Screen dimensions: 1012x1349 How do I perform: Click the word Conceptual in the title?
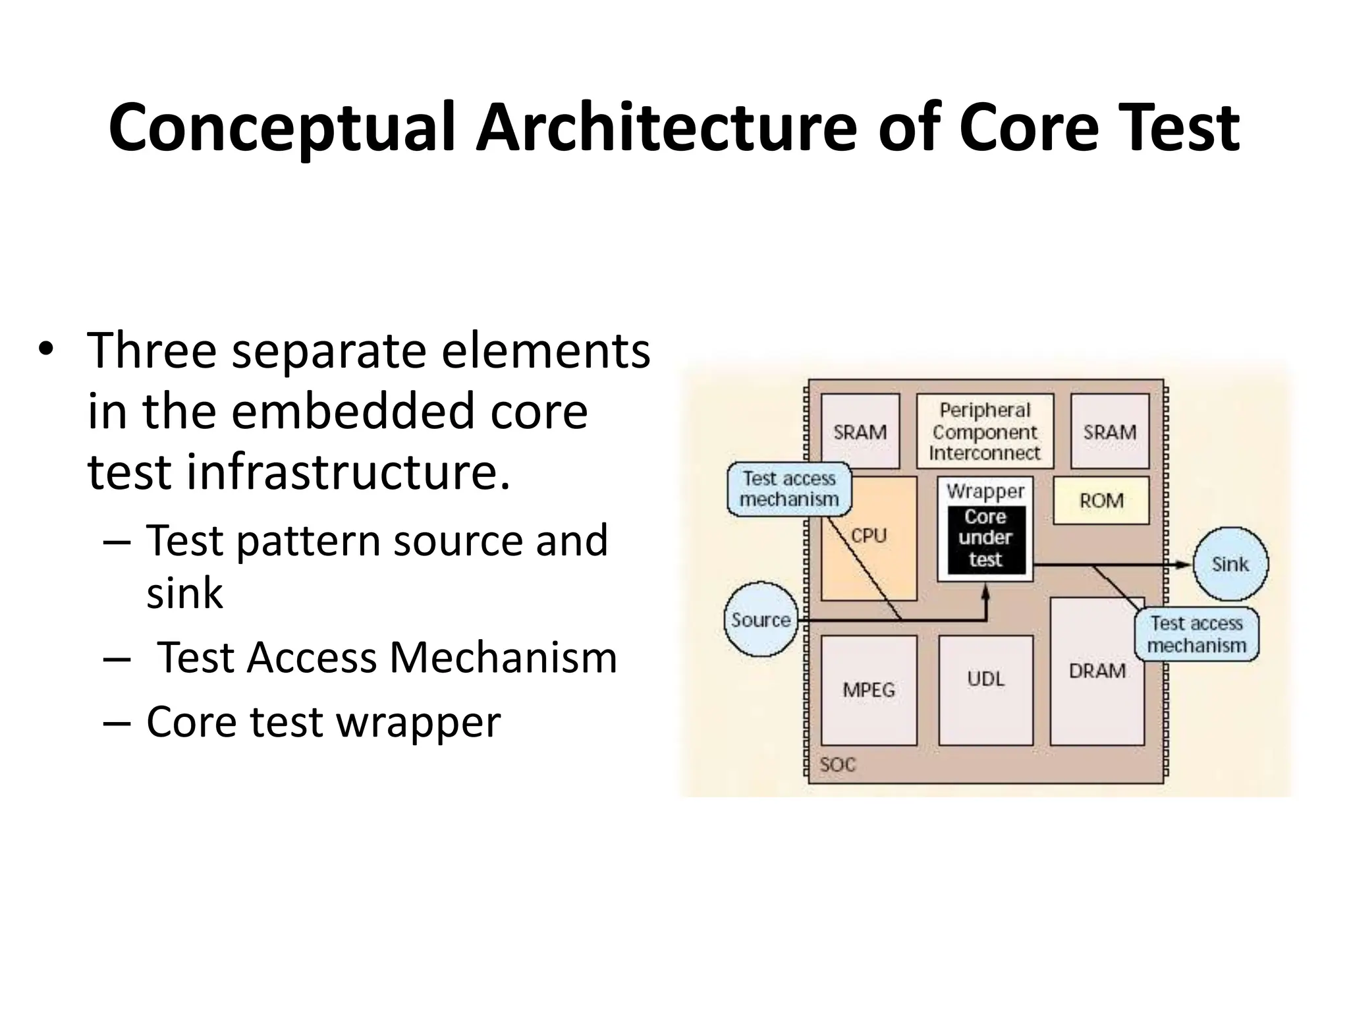point(282,128)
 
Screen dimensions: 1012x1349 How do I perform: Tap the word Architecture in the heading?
point(666,128)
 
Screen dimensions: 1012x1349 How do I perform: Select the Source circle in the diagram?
point(761,619)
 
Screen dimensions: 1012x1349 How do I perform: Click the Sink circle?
point(1230,564)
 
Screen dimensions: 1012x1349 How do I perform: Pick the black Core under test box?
point(985,539)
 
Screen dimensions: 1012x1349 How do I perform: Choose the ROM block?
point(1101,501)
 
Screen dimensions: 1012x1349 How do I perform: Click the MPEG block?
point(869,690)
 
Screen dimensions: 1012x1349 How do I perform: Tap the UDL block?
point(985,679)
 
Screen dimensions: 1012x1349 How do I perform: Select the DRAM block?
point(1097,671)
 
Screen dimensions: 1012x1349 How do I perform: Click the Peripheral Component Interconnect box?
point(985,432)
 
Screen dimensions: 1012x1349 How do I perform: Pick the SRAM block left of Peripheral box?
point(860,432)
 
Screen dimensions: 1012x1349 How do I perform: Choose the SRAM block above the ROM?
point(1110,432)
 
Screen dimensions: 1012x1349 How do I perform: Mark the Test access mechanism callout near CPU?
point(789,489)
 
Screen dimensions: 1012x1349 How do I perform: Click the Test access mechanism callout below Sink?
point(1196,634)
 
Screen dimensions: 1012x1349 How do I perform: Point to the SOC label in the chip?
point(837,764)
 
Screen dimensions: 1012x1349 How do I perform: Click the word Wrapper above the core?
point(985,491)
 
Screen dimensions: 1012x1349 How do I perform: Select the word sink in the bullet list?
point(184,593)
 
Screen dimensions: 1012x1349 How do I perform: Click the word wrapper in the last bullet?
point(418,722)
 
